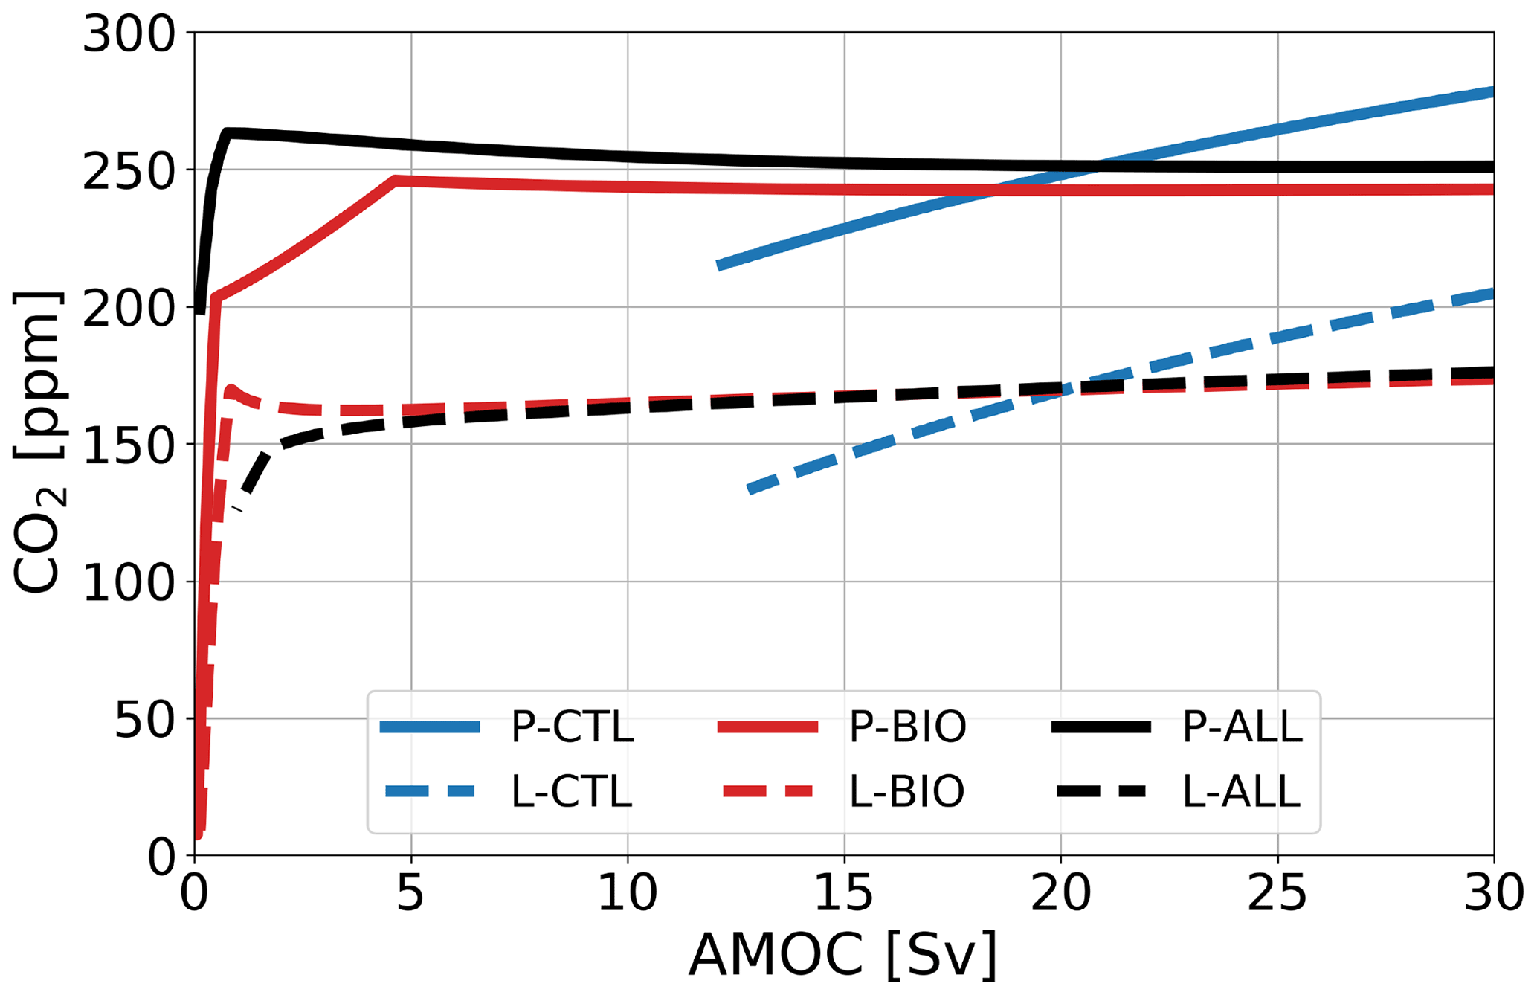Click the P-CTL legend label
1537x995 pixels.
pyautogui.click(x=572, y=727)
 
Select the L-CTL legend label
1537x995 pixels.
pyautogui.click(x=572, y=791)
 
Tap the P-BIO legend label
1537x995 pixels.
pyautogui.click(x=907, y=727)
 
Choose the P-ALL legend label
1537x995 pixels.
pyautogui.click(x=1242, y=727)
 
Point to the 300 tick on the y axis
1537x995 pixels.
pyautogui.click(x=128, y=34)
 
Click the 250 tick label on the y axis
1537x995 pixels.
pyautogui.click(x=128, y=171)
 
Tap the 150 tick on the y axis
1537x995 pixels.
pyautogui.click(x=128, y=445)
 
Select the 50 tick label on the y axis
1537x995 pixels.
pyautogui.click(x=144, y=720)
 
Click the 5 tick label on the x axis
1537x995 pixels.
pyautogui.click(x=410, y=892)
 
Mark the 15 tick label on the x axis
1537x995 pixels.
pyautogui.click(x=844, y=892)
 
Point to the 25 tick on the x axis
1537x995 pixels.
pyautogui.click(x=1277, y=892)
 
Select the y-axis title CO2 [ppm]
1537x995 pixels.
pyautogui.click(x=39, y=444)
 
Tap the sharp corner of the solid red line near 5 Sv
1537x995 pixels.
pyautogui.click(x=396, y=180)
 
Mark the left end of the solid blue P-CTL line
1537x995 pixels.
pyautogui.click(x=718, y=265)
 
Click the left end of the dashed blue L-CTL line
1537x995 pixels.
pyautogui.click(x=750, y=489)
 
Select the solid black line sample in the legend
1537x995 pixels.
pyautogui.click(x=1101, y=728)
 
